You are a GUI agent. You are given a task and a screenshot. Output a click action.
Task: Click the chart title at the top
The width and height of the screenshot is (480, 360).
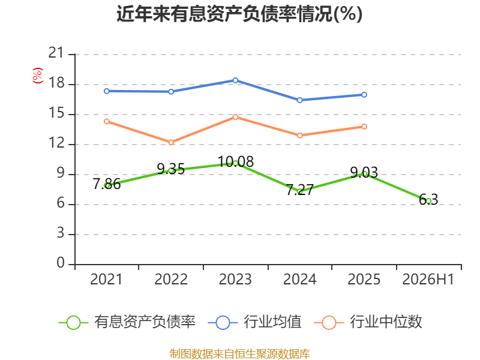[239, 14]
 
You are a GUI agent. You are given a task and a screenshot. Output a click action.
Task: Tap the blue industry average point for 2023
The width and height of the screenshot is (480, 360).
[235, 80]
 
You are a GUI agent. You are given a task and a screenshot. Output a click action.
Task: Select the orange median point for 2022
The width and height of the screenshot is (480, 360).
[171, 142]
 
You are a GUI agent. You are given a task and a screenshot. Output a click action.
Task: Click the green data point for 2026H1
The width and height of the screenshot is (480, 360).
[428, 201]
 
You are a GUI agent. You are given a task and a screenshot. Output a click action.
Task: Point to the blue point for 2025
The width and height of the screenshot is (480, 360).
[364, 95]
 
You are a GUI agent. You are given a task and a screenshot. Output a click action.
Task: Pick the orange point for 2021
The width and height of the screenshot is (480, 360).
[107, 122]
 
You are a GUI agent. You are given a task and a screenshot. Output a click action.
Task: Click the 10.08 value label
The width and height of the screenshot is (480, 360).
[236, 161]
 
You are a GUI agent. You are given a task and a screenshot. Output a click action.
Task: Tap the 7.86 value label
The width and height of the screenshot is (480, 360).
[107, 184]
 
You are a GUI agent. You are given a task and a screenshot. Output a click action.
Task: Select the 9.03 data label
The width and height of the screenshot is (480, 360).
[364, 172]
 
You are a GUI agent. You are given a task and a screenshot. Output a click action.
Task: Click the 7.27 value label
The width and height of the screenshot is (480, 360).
[299, 190]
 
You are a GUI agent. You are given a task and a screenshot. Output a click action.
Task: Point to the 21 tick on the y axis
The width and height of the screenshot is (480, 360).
[56, 53]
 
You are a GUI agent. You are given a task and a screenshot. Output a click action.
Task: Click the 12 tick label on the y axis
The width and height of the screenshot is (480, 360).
[56, 143]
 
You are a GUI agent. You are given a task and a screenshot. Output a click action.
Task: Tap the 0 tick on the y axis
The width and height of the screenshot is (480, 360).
[61, 263]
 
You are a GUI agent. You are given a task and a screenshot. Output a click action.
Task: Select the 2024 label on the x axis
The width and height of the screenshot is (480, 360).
[299, 279]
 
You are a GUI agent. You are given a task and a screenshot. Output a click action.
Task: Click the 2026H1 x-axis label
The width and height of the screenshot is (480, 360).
[428, 279]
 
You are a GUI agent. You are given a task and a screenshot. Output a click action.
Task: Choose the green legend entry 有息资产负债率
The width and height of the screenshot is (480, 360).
[127, 322]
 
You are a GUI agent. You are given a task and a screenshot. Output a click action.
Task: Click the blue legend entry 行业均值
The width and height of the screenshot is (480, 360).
[254, 322]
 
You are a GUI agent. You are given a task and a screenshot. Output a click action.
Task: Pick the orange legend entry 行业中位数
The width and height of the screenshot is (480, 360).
[368, 322]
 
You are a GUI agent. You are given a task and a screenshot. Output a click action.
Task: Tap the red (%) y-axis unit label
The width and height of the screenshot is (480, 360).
[38, 76]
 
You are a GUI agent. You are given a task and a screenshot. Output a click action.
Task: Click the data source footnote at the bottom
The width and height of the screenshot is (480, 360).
[239, 354]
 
